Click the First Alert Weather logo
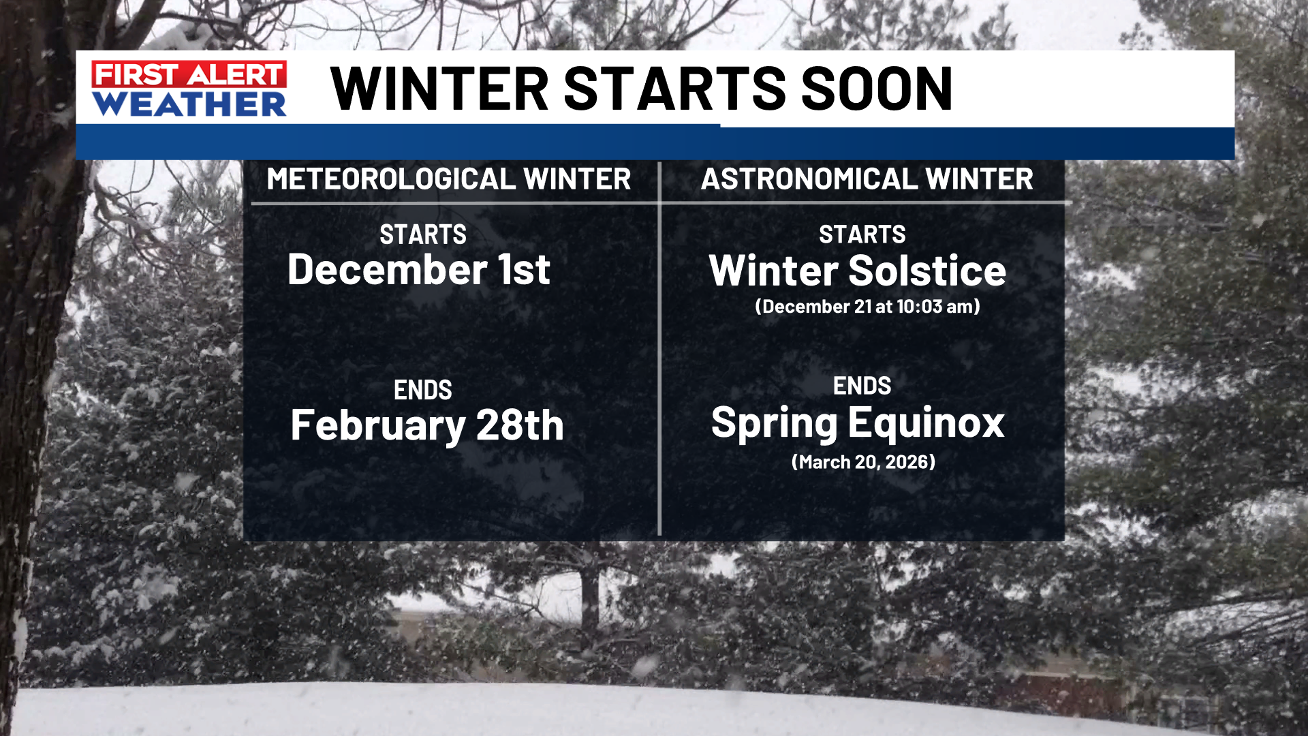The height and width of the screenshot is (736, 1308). point(189,89)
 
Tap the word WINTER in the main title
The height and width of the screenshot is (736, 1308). point(440,89)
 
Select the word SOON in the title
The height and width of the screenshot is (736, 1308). point(877,89)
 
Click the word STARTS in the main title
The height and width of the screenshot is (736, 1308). point(675,89)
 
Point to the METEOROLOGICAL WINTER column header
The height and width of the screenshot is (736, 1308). point(449,179)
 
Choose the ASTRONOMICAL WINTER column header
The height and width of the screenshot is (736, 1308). point(867,179)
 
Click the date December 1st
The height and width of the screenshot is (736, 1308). point(419,269)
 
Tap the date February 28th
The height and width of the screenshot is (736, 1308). point(427,425)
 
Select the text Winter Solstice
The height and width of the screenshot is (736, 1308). point(858,271)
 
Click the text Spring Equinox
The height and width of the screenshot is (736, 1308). point(858,423)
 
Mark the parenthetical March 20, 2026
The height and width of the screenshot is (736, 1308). point(863,462)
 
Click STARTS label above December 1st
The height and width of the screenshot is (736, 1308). point(423,235)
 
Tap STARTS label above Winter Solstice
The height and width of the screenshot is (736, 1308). point(862,234)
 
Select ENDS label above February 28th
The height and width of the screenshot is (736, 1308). point(423,390)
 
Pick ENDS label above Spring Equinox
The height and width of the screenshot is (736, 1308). point(862,386)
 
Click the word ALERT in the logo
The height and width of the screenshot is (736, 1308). point(235,74)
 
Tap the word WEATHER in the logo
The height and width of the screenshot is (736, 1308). point(189,104)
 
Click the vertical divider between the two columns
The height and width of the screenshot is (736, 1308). point(659,349)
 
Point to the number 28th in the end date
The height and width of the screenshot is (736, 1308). point(520,425)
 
